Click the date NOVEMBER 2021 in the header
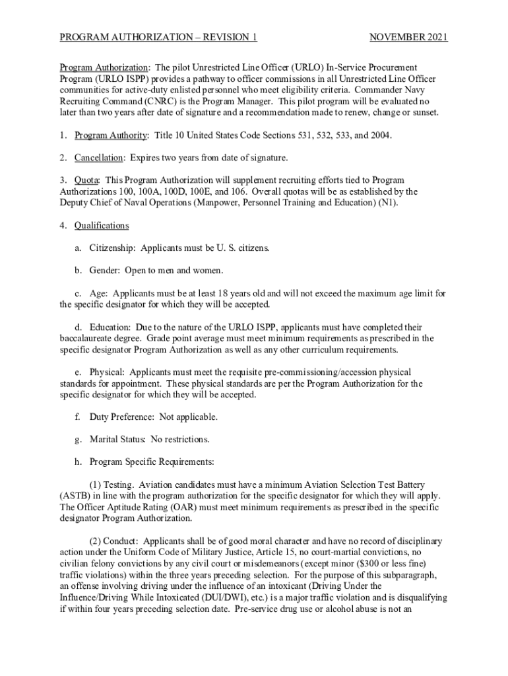(408, 38)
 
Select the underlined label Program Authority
(110, 135)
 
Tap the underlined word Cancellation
(99, 158)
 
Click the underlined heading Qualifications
(102, 226)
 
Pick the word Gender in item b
(106, 271)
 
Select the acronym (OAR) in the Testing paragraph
(172, 507)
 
